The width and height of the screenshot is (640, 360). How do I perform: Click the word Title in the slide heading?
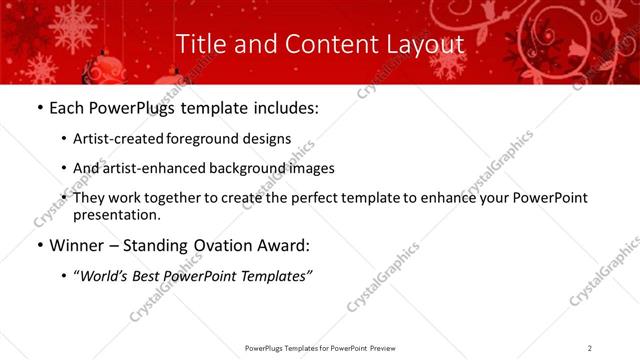200,45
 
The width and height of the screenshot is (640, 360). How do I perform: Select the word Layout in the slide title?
425,45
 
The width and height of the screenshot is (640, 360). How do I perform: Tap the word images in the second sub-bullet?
309,169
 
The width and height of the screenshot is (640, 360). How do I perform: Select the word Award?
282,245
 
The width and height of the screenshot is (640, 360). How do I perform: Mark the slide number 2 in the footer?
590,348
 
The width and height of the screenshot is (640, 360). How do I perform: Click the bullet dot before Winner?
39,245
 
